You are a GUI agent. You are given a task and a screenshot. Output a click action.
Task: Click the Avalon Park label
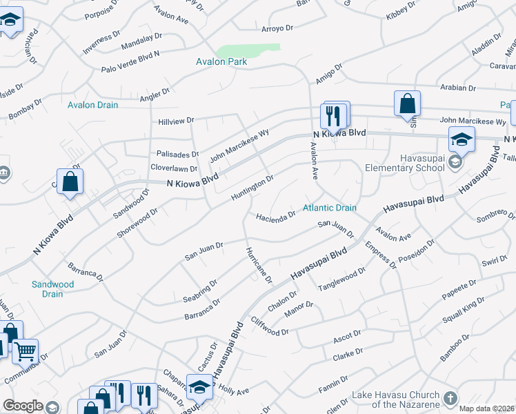point(222,61)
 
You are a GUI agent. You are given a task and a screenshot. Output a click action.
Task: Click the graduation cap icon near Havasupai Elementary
point(462,140)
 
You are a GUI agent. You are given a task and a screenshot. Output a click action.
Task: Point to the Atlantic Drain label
point(330,207)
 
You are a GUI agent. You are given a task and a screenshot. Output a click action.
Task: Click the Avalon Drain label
point(92,105)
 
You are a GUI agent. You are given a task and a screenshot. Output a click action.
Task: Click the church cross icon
point(450,399)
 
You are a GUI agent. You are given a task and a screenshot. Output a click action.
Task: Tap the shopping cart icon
point(25,351)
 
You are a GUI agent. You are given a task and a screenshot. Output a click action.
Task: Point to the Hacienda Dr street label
point(276,214)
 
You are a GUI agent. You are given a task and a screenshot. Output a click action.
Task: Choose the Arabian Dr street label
point(462,88)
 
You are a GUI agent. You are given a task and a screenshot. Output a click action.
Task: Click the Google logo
point(23,406)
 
